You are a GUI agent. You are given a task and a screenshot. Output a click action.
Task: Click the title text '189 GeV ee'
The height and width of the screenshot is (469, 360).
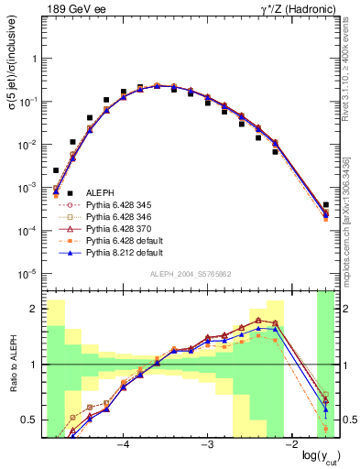pos(71,9)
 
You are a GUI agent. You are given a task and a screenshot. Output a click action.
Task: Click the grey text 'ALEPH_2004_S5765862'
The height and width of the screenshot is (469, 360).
pos(190,276)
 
